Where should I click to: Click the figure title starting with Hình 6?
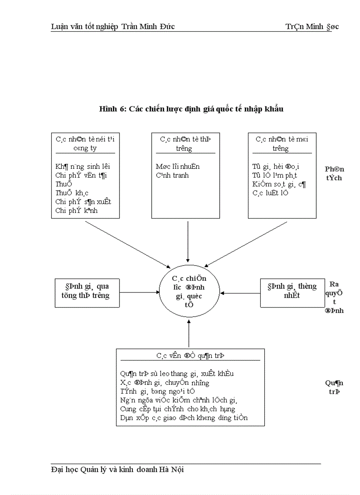click(191, 109)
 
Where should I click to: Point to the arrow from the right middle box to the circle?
click(240, 292)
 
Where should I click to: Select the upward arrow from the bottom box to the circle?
click(189, 334)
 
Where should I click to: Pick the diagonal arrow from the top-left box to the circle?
click(128, 244)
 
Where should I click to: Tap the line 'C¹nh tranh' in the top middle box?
click(172, 175)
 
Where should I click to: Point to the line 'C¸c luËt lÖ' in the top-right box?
click(270, 193)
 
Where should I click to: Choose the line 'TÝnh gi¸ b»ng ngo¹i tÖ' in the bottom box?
click(157, 391)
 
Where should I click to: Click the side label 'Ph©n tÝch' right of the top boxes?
click(334, 174)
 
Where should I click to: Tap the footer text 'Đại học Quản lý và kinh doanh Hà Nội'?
click(117, 469)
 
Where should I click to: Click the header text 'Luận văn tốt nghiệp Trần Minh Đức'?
click(113, 26)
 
